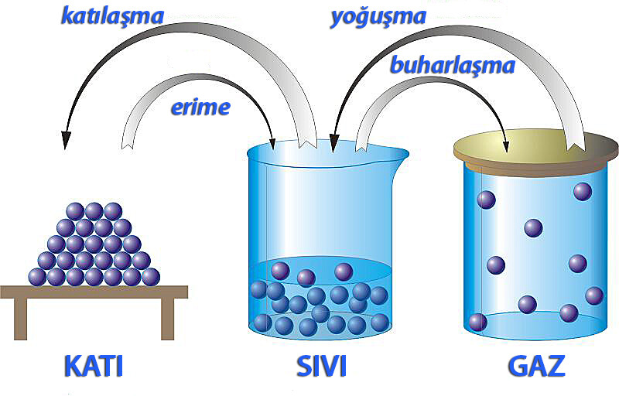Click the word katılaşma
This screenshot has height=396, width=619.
(112, 16)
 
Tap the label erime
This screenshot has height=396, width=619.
(200, 107)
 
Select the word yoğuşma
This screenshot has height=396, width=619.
(378, 18)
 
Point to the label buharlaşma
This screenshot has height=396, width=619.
(453, 65)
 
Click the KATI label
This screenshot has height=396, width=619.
(94, 366)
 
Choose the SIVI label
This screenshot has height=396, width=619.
(321, 366)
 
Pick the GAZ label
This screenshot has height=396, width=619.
(536, 366)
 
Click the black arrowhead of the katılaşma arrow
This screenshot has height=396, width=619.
(66, 140)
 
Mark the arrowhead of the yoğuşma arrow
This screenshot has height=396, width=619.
(334, 144)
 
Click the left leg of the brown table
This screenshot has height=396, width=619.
(21, 319)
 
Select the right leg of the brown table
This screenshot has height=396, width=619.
(168, 319)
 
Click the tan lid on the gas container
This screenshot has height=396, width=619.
(535, 151)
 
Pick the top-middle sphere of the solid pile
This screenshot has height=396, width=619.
(94, 211)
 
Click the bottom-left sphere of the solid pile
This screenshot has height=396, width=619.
(37, 277)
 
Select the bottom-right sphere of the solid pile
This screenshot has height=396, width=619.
(151, 277)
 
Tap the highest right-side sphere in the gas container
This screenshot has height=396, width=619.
(583, 192)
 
